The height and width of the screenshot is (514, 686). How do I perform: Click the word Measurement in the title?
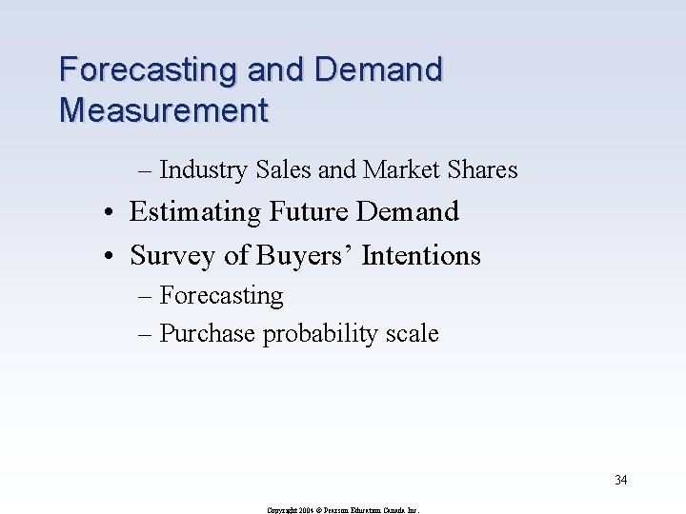[164, 110]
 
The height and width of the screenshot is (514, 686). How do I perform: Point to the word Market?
[399, 170]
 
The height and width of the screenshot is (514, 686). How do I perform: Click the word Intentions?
[423, 255]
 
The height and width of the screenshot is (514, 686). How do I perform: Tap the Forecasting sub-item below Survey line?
[221, 296]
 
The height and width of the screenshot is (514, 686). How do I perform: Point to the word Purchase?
[208, 334]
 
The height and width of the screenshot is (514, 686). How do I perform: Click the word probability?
[323, 334]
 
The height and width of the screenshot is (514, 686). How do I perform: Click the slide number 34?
[620, 480]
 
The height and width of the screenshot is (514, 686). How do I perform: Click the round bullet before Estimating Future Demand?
[112, 212]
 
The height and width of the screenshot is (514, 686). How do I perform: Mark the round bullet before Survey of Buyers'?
[112, 256]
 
